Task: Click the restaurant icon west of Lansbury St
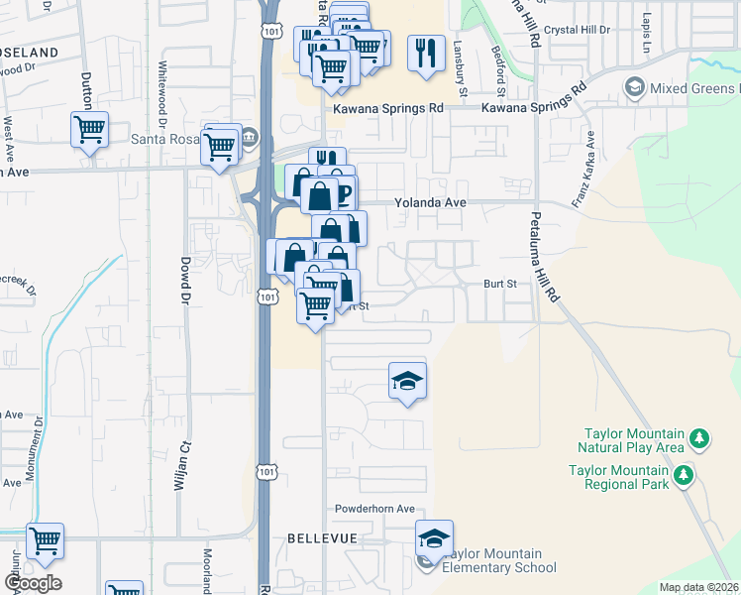pos(426,53)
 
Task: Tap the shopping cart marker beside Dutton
pos(89,130)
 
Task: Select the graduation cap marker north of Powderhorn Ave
pos(406,382)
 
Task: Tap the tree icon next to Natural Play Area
pos(699,437)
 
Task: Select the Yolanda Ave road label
pos(431,201)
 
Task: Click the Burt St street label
pos(500,284)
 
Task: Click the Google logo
pos(33,583)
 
